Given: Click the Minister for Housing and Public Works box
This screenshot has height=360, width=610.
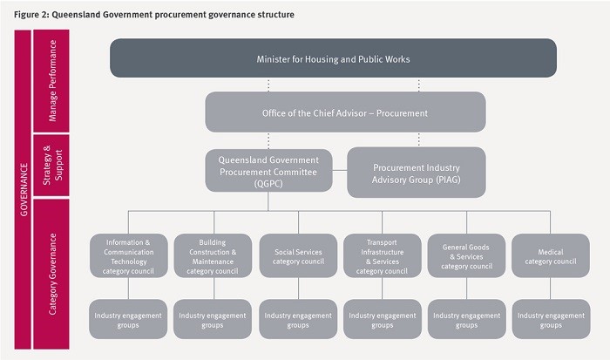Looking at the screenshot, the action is (333, 58).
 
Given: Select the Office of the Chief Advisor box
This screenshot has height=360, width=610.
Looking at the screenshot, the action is (345, 112).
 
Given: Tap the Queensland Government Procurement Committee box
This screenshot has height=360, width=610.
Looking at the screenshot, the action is (268, 171).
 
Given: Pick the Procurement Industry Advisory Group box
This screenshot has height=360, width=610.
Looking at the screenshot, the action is (417, 173).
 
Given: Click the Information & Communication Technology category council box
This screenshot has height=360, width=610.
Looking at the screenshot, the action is (128, 255).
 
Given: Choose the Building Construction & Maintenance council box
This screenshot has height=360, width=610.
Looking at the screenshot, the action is (213, 255).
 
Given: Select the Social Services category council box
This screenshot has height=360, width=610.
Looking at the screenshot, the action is (298, 255).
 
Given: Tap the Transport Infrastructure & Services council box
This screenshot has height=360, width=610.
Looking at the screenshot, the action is (382, 255).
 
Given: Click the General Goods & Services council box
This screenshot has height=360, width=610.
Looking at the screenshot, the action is (466, 255).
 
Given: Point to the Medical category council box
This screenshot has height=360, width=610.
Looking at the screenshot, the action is (551, 255).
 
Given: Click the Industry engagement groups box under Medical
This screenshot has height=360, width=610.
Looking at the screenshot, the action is (551, 319).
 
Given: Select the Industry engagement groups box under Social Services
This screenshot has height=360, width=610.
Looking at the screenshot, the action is (298, 319).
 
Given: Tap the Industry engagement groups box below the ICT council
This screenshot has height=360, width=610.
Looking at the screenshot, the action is (128, 319).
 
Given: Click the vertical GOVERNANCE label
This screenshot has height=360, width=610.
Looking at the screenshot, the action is (24, 189).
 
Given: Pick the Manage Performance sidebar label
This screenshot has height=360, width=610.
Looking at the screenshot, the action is (52, 80).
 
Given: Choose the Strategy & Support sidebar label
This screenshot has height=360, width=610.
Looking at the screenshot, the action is (52, 165).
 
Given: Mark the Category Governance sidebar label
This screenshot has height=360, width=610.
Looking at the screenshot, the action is (52, 274).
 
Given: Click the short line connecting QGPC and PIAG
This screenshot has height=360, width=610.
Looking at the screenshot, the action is (340, 171).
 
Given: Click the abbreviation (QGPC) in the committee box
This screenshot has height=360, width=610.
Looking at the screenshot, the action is (268, 183).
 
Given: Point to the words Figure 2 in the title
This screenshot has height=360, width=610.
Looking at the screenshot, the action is (30, 15).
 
